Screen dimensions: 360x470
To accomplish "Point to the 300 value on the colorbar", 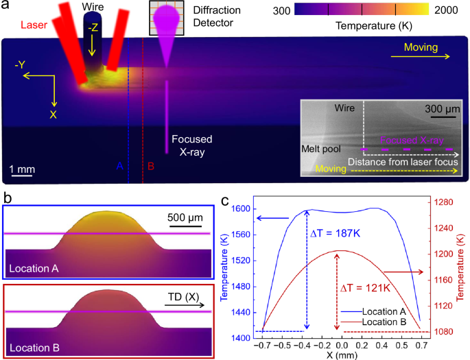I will (x=281, y=10).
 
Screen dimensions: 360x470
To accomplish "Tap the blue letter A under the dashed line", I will (x=119, y=167).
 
